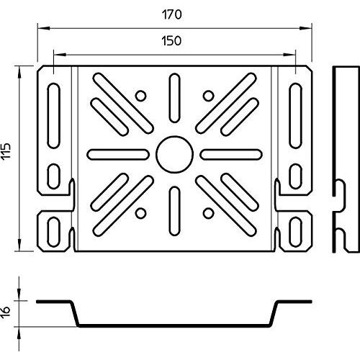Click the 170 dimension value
(x=172, y=14)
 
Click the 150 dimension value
(x=171, y=41)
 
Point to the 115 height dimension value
(x=6, y=151)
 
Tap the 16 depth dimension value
(x=6, y=312)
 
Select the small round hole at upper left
(x=140, y=96)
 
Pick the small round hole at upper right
(x=208, y=96)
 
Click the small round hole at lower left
(x=140, y=213)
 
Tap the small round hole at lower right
(x=208, y=213)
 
